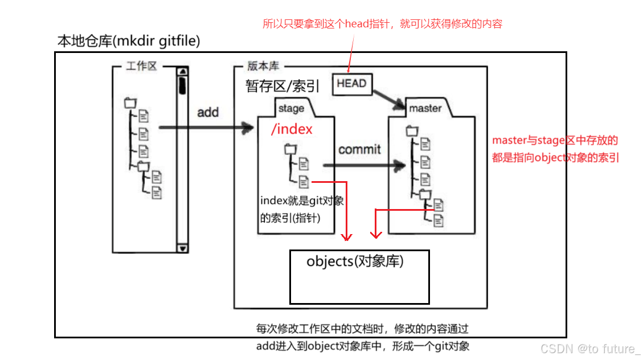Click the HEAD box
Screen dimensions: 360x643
click(x=351, y=84)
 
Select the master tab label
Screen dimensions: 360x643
click(x=425, y=108)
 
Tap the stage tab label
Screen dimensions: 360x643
click(x=291, y=108)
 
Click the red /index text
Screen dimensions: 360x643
click(x=292, y=130)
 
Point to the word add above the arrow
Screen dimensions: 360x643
click(x=208, y=112)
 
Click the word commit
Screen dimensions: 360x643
click(x=359, y=149)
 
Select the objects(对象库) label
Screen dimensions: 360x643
click(x=355, y=261)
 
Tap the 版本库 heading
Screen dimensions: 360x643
click(x=263, y=66)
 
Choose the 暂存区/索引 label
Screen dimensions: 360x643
click(x=282, y=86)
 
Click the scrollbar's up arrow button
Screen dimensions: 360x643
click(x=182, y=72)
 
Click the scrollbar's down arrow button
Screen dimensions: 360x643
click(x=182, y=248)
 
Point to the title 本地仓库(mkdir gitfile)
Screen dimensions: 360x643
click(x=129, y=41)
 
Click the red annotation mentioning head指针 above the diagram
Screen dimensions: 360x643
click(x=382, y=24)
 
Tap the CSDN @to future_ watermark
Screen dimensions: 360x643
click(x=590, y=349)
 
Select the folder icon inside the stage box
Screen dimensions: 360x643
click(x=290, y=149)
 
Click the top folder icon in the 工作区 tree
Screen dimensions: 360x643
click(x=130, y=103)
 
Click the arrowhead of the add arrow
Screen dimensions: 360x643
click(x=248, y=128)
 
